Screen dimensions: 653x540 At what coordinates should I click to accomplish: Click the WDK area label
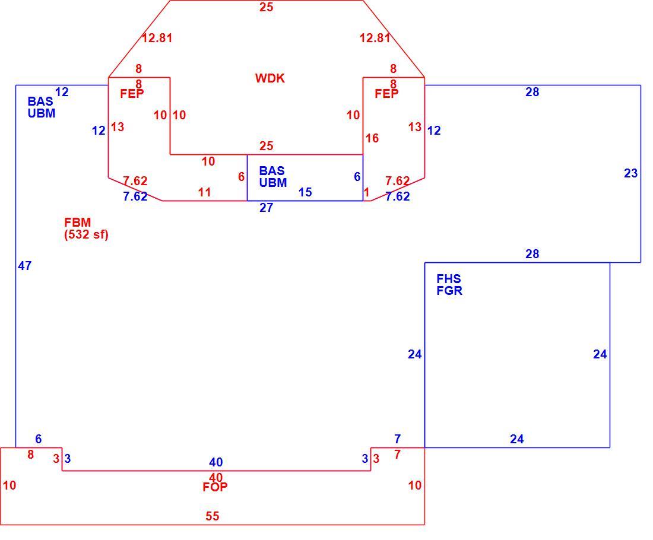pyautogui.click(x=270, y=78)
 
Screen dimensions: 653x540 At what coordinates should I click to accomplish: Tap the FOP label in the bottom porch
pyautogui.click(x=215, y=487)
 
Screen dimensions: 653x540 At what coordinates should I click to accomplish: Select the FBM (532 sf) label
pyautogui.click(x=86, y=228)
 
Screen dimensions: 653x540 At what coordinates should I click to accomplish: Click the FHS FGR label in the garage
pyautogui.click(x=449, y=284)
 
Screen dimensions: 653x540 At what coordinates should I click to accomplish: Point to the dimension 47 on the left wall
pyautogui.click(x=24, y=266)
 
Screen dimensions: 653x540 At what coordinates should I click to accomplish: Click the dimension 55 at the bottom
pyautogui.click(x=213, y=516)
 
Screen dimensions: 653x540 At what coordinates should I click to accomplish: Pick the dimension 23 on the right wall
pyautogui.click(x=630, y=173)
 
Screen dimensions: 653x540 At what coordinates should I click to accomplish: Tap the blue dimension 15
pyautogui.click(x=305, y=192)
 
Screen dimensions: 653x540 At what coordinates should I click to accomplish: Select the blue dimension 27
pyautogui.click(x=266, y=208)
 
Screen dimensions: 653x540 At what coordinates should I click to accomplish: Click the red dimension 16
pyautogui.click(x=372, y=138)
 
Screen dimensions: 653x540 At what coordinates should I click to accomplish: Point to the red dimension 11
pyautogui.click(x=204, y=192)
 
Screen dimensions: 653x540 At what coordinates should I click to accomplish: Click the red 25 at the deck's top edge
pyautogui.click(x=266, y=7)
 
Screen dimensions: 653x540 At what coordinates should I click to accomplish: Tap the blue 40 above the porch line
pyautogui.click(x=215, y=462)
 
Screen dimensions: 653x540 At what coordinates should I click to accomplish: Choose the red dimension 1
pyautogui.click(x=366, y=192)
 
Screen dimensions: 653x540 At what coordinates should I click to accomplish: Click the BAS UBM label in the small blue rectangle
pyautogui.click(x=273, y=176)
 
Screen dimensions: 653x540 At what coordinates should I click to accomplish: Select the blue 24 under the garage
pyautogui.click(x=517, y=439)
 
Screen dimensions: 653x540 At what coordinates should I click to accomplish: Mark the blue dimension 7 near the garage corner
pyautogui.click(x=398, y=439)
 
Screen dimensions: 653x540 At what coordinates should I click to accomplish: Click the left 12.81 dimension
pyautogui.click(x=157, y=38)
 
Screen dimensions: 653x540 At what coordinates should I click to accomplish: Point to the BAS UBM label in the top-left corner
pyautogui.click(x=41, y=107)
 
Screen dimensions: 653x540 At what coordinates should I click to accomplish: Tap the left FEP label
pyautogui.click(x=132, y=94)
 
